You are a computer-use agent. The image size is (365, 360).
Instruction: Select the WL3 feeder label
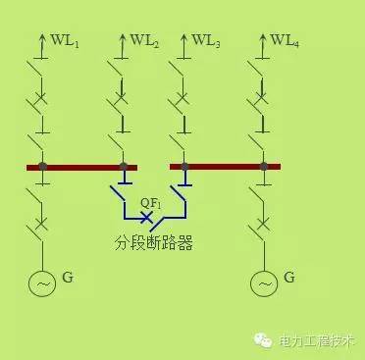pyautogui.click(x=205, y=41)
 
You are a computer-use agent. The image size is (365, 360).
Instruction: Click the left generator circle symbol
pyautogui.click(x=42, y=283)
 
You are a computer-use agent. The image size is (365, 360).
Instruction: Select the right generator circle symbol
pyautogui.click(x=264, y=283)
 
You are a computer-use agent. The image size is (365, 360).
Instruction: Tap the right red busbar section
pyautogui.click(x=225, y=167)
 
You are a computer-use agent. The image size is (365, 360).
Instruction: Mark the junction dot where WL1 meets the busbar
pyautogui.click(x=42, y=167)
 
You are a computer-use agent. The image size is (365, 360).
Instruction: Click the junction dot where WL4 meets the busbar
pyautogui.click(x=264, y=167)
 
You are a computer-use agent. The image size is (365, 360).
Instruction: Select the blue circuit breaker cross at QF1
pyautogui.click(x=147, y=217)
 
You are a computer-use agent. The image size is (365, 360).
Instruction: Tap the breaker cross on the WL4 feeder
pyautogui.click(x=264, y=97)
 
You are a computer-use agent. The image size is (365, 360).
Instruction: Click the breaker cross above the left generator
pyautogui.click(x=42, y=225)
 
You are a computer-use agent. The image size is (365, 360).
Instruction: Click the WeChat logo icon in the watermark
pyautogui.click(x=263, y=340)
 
